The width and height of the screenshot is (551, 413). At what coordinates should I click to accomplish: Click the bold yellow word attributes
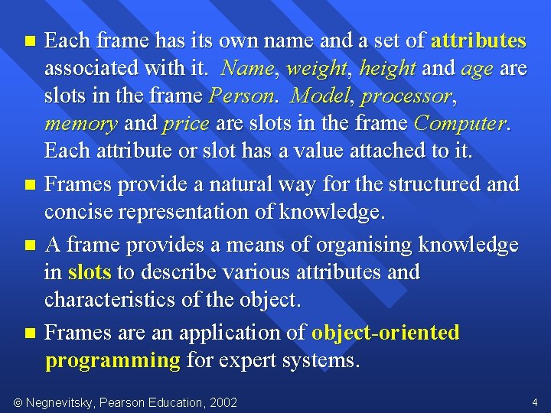click(478, 41)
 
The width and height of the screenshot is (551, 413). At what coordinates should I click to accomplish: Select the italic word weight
click(316, 70)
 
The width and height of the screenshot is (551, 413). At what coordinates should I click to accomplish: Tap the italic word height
click(387, 70)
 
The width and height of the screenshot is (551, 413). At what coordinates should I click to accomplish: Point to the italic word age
click(478, 70)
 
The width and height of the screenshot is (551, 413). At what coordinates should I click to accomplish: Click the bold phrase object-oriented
click(385, 333)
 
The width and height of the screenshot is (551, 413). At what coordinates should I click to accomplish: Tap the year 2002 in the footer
click(223, 402)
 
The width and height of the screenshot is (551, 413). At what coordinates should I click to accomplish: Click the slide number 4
click(534, 402)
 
